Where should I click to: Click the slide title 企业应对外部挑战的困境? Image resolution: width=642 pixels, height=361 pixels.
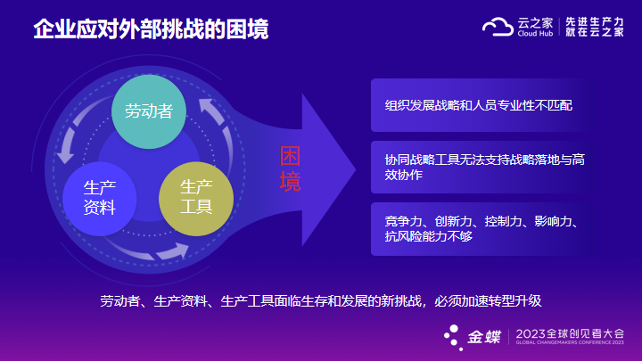(x=151, y=29)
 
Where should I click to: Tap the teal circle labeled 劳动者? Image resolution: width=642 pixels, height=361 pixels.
(x=149, y=111)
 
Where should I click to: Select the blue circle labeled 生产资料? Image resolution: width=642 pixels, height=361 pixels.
(x=100, y=199)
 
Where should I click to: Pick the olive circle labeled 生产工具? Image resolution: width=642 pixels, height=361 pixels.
(x=196, y=199)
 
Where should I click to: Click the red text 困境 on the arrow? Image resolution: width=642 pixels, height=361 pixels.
(x=290, y=168)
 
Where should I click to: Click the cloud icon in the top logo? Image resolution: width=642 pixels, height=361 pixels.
(x=498, y=27)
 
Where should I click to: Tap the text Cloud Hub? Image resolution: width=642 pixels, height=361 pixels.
(x=535, y=34)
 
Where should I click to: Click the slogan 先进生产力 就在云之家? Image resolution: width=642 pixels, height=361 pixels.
(x=595, y=27)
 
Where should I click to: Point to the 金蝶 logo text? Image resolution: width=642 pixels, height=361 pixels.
(x=484, y=337)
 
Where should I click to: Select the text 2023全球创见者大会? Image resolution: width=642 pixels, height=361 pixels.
(x=570, y=333)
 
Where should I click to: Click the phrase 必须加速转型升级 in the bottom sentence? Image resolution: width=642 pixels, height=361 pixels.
(x=488, y=301)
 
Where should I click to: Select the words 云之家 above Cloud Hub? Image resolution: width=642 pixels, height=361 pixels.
(x=535, y=23)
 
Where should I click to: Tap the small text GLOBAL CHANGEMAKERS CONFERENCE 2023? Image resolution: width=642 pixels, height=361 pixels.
(x=570, y=342)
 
